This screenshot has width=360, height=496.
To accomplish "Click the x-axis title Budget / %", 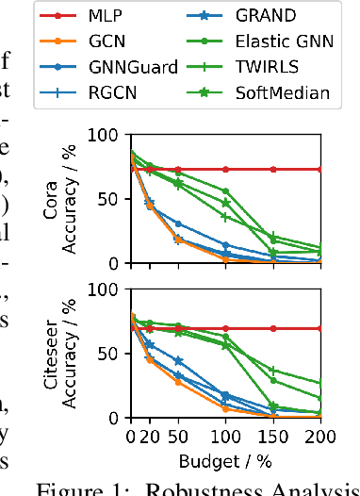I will tap(227, 462).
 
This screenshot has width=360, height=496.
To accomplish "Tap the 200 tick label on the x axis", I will tap(320, 438).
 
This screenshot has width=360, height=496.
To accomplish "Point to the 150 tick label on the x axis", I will tap(273, 438).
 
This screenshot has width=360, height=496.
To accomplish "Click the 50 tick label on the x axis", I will tap(179, 438).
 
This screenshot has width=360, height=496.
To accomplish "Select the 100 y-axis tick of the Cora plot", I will tap(110, 134).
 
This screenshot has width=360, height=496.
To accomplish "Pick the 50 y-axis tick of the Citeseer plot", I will tap(114, 354).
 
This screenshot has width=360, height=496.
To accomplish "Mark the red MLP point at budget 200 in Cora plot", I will tap(320, 169).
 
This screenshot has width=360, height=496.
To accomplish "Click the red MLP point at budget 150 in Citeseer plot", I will tap(273, 328).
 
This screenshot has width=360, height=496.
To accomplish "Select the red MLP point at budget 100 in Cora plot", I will tap(226, 169).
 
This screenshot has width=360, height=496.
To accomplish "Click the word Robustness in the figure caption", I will tap(200, 487).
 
